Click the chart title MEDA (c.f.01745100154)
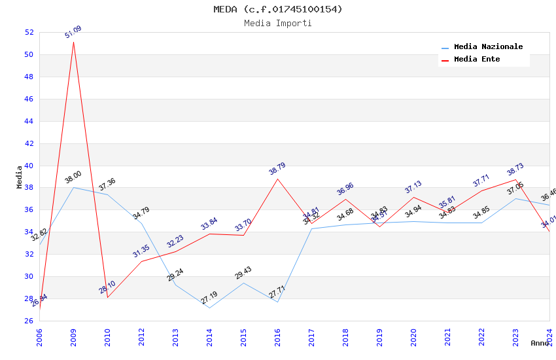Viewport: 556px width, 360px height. coord(278,9)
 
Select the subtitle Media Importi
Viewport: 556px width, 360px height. coord(278,23)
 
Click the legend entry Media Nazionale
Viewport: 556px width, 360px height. coord(488,47)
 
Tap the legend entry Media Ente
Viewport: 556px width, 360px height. coord(477,60)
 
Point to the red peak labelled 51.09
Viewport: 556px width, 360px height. coord(73,42)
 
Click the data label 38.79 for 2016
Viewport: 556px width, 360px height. coord(277,169)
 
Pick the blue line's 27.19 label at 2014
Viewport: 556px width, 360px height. coord(209,299)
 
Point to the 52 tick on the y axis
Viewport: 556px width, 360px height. coord(29,32)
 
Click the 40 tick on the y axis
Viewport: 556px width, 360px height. coord(29,166)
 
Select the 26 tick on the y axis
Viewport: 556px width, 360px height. coord(29,321)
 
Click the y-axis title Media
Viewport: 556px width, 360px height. coord(20,177)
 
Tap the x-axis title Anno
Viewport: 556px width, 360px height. coord(540,343)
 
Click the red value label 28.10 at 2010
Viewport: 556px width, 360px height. coord(108,287)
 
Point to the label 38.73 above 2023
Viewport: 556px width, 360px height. coord(515,170)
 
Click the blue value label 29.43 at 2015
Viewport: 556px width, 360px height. coord(243,273)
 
